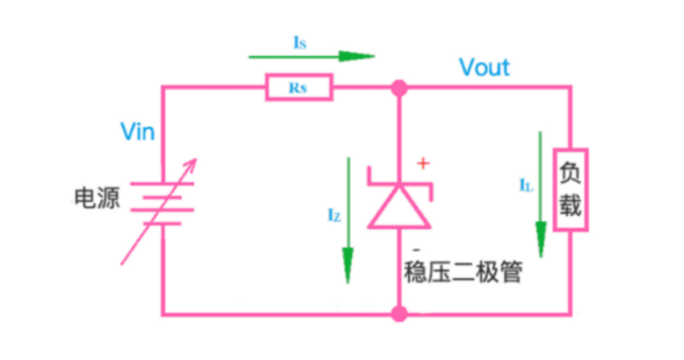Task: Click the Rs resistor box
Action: coord(299,88)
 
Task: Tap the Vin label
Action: coord(138,132)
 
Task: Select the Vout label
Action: coord(485,68)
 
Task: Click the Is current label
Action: coord(300,43)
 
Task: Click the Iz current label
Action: coord(333,214)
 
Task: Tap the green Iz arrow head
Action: coord(348,266)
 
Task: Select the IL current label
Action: coord(526,185)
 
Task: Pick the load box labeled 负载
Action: coord(571,190)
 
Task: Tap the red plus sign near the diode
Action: coord(423,163)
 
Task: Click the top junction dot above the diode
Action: coord(398,89)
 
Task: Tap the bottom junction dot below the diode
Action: coord(398,314)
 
